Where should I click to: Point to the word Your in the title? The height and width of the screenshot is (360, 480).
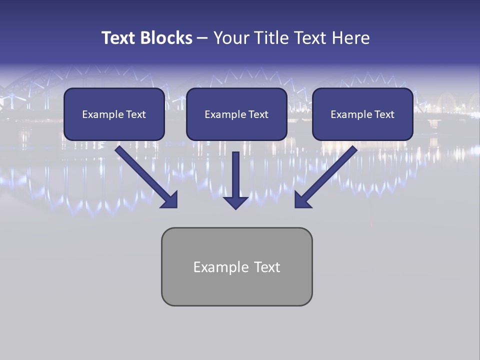(231, 38)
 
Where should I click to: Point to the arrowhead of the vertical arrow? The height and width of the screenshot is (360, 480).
(236, 202)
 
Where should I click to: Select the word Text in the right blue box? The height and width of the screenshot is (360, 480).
(384, 114)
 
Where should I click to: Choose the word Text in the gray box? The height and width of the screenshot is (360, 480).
(267, 267)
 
